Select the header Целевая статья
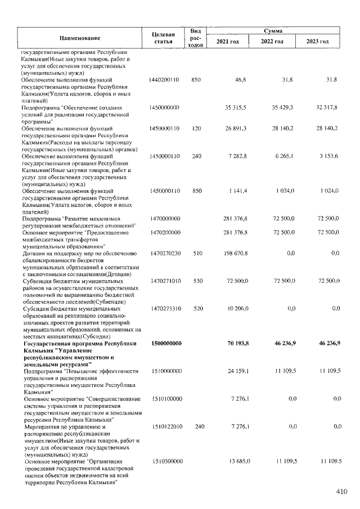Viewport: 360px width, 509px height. [x=165, y=37]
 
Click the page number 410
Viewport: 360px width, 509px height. [x=341, y=492]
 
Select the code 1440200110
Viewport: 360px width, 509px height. [x=165, y=80]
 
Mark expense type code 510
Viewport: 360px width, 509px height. [x=196, y=254]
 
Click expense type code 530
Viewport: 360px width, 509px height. [x=196, y=280]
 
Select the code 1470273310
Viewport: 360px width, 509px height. [x=165, y=309]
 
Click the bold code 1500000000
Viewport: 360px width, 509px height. [x=165, y=343]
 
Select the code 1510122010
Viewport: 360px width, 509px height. [x=165, y=427]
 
